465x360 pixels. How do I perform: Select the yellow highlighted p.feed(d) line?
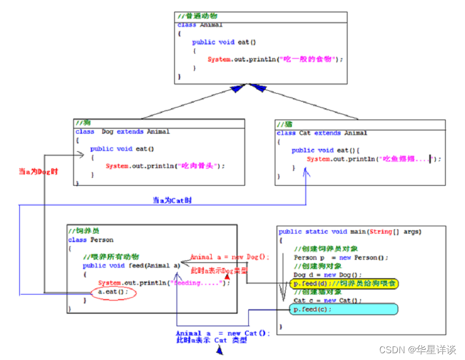(x=344, y=283)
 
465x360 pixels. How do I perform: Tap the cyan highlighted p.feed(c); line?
(x=344, y=309)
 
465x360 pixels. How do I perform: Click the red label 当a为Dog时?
(x=38, y=172)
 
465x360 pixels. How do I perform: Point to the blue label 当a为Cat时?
(x=172, y=200)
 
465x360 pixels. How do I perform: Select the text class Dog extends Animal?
(x=122, y=131)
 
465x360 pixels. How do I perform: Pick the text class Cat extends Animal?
(x=322, y=133)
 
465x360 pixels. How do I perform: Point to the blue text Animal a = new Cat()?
(x=223, y=333)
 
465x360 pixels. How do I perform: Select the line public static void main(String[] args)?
(x=350, y=231)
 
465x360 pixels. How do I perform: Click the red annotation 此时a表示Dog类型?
(x=218, y=271)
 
